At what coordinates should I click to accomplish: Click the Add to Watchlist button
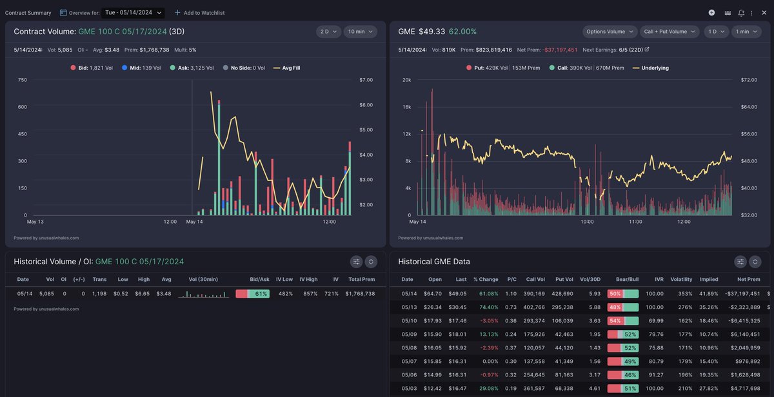click(199, 13)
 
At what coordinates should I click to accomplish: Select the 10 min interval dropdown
click(360, 32)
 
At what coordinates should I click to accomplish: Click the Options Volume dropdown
click(610, 32)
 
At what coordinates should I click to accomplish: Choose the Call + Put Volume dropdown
click(670, 32)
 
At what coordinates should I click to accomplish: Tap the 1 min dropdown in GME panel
click(746, 32)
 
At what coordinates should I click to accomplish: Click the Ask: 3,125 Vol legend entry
click(192, 68)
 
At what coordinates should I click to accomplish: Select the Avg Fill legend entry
click(288, 68)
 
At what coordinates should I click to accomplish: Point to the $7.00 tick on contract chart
click(366, 80)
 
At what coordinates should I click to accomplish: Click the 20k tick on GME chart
click(406, 80)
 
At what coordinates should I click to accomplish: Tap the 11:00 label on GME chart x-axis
click(635, 222)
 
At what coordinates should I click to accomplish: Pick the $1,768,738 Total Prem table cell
click(360, 294)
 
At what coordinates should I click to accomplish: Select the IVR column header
click(659, 280)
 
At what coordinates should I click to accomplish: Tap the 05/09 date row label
click(409, 334)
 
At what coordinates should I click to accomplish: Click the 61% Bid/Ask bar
click(252, 294)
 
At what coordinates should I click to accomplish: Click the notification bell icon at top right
click(741, 13)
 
